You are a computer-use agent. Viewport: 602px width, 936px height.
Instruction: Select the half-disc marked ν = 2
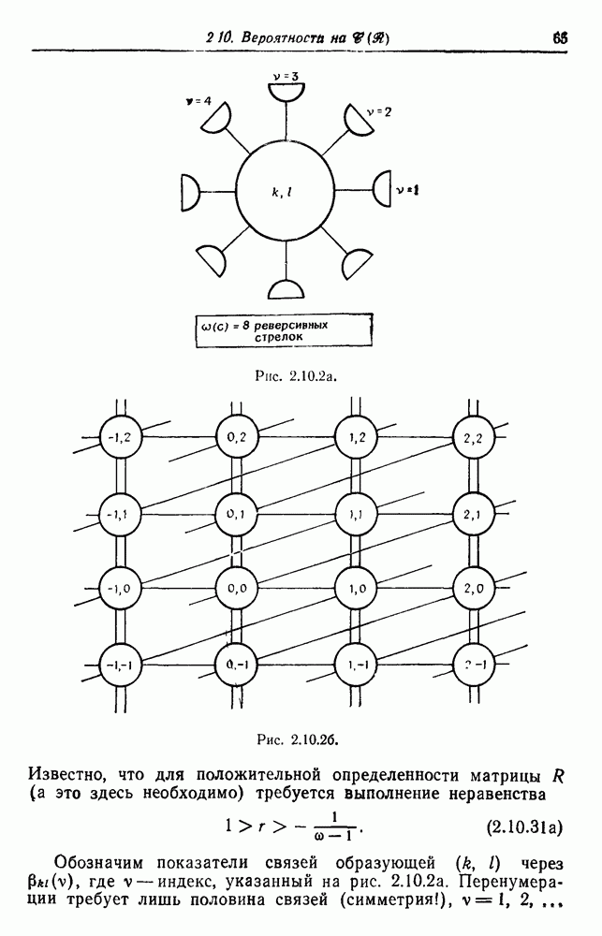(x=359, y=120)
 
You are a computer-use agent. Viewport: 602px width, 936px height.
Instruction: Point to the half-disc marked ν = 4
(x=216, y=118)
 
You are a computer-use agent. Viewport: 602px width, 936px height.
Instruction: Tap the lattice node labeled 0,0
(x=230, y=587)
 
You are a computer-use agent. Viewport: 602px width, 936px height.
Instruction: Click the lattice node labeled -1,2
(x=121, y=436)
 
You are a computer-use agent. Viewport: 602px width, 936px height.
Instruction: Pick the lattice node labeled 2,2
(x=472, y=437)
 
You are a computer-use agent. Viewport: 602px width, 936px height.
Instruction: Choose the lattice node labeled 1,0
(x=356, y=587)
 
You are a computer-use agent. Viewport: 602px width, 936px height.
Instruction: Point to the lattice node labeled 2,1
(x=472, y=513)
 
